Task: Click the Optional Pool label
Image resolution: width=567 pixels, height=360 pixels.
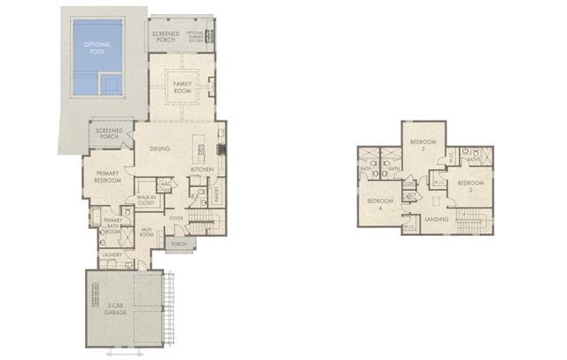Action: coord(94,47)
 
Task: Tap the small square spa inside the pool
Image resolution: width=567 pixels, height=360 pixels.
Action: coord(111,84)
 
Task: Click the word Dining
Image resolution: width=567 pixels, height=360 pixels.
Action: coord(159,149)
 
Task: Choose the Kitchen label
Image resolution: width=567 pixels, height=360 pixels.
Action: coord(203,168)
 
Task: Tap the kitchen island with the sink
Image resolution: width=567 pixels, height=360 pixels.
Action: coord(199,145)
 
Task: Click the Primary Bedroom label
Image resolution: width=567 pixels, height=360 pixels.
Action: coord(107,176)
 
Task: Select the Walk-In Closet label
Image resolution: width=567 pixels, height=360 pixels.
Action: coord(145,200)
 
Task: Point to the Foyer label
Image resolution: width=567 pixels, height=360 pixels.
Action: coord(176,217)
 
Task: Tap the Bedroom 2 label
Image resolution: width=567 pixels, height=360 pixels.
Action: coord(466,186)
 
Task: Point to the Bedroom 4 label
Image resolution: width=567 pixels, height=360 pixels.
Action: coord(379,203)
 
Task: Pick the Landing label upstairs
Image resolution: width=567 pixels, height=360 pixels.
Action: coord(437,218)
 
